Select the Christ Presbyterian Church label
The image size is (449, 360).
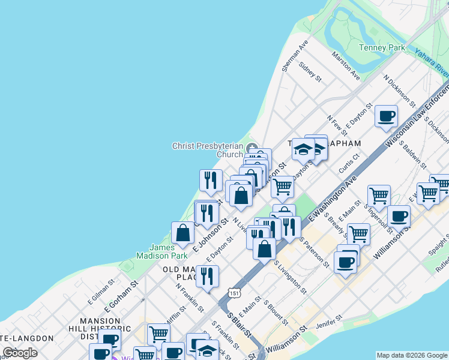coord(208,150)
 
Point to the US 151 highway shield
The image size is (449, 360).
coord(234,291)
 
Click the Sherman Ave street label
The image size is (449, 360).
coord(294,57)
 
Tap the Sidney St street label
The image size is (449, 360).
coord(310,73)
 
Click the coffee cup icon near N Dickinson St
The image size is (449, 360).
coord(386,116)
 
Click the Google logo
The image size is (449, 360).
coord(20,353)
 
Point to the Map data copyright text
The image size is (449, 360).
coord(411,355)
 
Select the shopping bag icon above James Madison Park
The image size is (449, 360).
coord(182,233)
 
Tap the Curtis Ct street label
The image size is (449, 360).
coord(349,163)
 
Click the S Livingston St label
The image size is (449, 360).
coord(291,278)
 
